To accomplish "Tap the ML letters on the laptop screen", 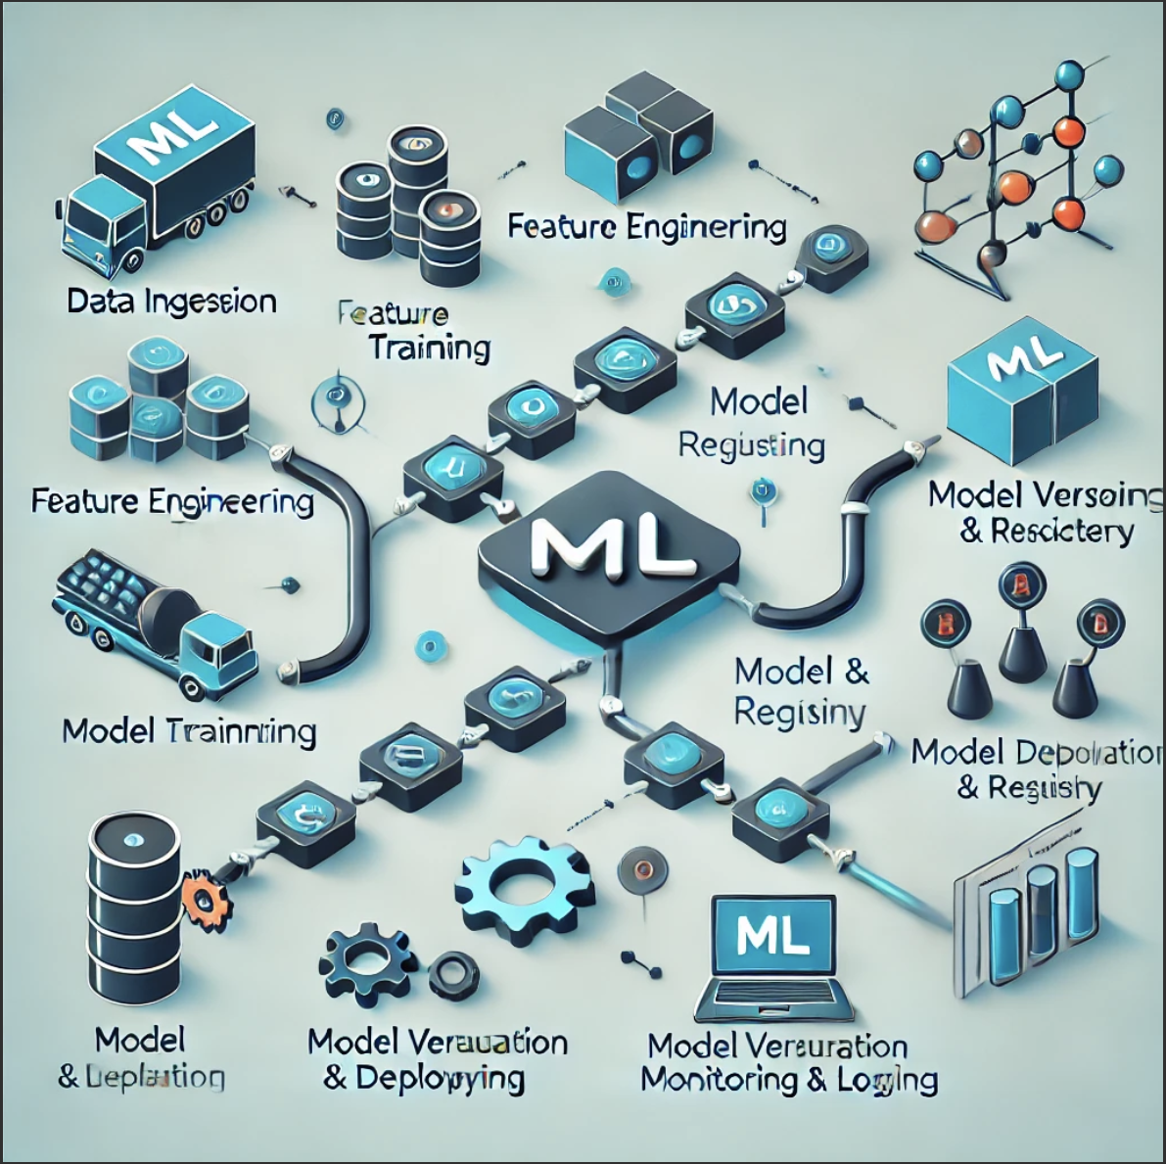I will coord(772,936).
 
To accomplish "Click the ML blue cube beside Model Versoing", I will coord(1024,387).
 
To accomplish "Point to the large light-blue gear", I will coord(524,887).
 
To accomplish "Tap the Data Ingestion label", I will coord(171,302).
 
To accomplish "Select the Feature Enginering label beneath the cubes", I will coord(647,227).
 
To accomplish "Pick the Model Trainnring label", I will coord(189,732).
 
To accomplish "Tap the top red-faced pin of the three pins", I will coord(1022,588).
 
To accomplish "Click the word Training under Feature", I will coord(429,349).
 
